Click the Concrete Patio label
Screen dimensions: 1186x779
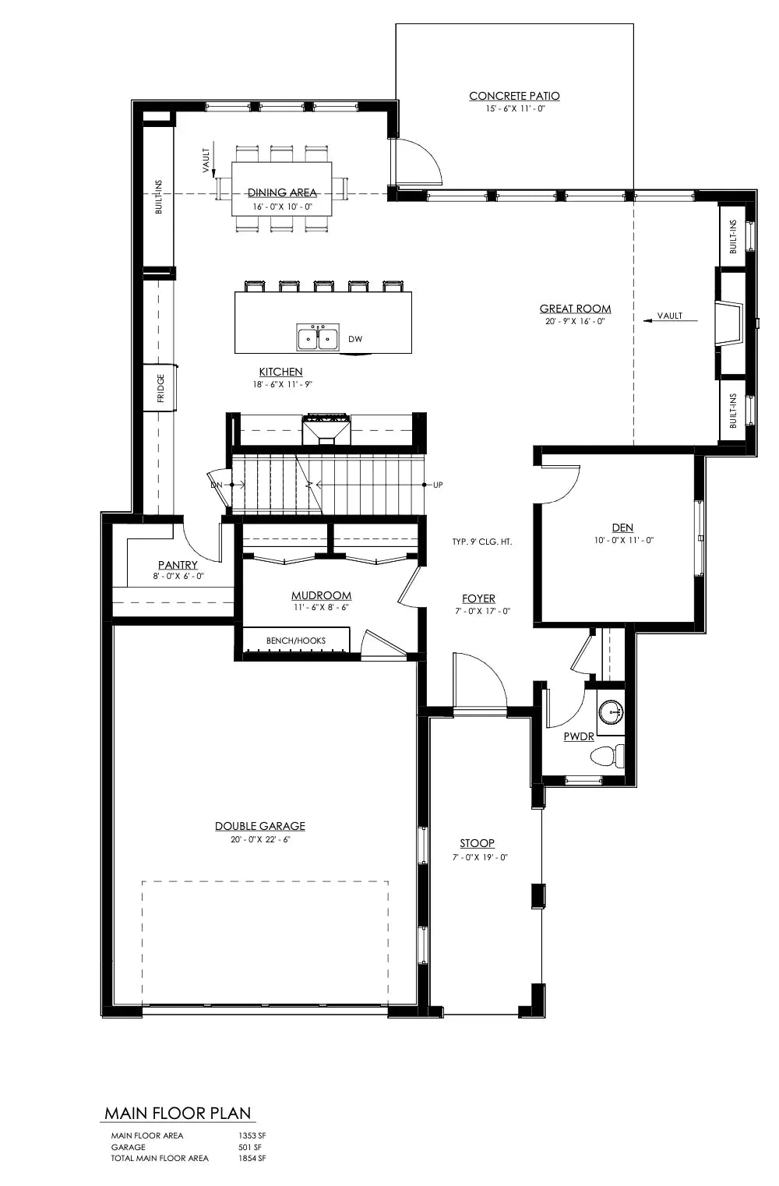coord(514,96)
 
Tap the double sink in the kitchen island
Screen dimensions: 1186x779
coord(317,338)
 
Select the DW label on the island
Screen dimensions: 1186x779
coord(355,339)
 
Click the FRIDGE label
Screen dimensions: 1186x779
coord(160,388)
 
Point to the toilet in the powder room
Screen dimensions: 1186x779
coord(607,755)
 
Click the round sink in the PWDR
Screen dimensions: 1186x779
coord(611,710)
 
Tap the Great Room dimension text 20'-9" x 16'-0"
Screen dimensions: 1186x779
coord(575,321)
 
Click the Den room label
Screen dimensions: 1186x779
coord(622,528)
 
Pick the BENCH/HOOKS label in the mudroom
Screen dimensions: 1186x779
coord(296,641)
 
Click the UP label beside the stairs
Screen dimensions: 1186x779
coord(438,485)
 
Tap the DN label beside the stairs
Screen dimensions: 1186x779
coord(216,485)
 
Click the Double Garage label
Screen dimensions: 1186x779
coord(260,826)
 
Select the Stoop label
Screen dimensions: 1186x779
coord(477,843)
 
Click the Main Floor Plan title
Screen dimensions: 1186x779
coord(178,1113)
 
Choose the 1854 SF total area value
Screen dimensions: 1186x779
coord(252,1159)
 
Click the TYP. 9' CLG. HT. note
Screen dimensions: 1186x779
coord(481,542)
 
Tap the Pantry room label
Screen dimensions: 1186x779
coord(178,564)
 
